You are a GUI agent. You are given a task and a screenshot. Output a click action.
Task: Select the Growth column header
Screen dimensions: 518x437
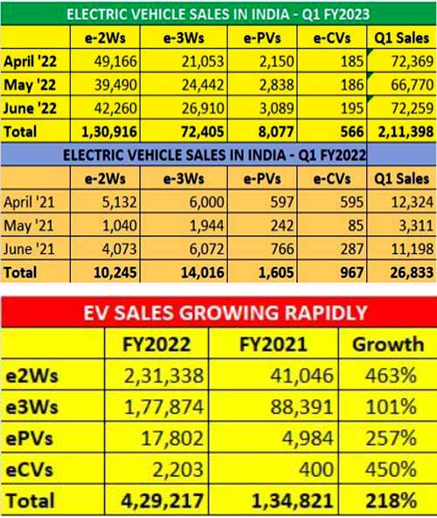click(x=386, y=344)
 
